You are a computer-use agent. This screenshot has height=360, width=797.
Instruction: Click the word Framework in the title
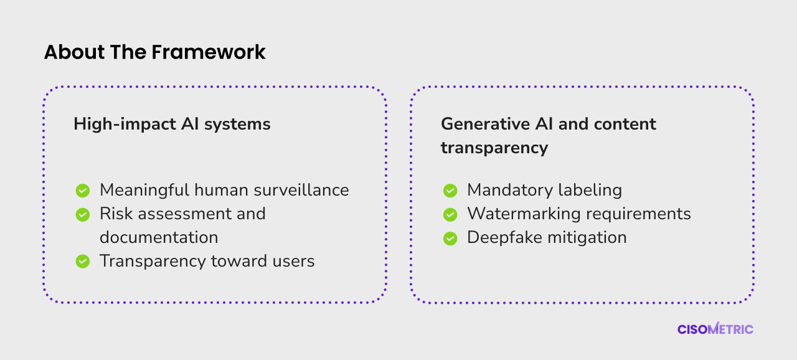209,52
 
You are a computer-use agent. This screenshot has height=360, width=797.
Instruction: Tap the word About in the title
74,52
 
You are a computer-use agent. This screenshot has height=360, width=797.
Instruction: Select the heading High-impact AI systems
172,125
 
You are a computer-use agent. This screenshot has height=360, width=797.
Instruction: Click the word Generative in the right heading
486,124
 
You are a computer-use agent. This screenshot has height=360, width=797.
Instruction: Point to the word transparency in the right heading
494,148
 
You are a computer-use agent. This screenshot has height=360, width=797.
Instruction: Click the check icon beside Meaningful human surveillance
83,191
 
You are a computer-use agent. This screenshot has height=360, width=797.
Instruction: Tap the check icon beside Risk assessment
83,214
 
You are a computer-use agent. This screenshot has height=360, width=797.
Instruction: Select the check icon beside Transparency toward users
83,262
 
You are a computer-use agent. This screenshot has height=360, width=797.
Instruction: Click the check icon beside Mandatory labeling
450,191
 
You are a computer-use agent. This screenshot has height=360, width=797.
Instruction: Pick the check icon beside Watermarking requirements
450,214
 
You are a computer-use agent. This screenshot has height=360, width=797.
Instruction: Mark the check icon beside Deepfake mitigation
450,239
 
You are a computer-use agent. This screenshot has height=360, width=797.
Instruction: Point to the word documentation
159,237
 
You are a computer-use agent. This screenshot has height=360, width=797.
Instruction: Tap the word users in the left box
293,262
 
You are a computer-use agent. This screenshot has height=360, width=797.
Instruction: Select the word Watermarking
524,214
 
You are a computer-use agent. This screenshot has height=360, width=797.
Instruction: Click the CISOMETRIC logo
715,329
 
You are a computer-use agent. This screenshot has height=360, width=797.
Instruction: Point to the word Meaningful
144,191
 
